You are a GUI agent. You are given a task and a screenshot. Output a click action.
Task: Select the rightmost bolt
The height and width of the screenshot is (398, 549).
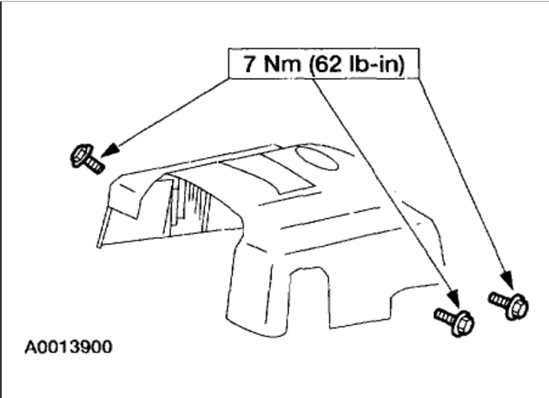(x=509, y=303)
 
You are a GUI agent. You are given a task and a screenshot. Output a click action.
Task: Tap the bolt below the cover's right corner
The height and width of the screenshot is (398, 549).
(x=453, y=319)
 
